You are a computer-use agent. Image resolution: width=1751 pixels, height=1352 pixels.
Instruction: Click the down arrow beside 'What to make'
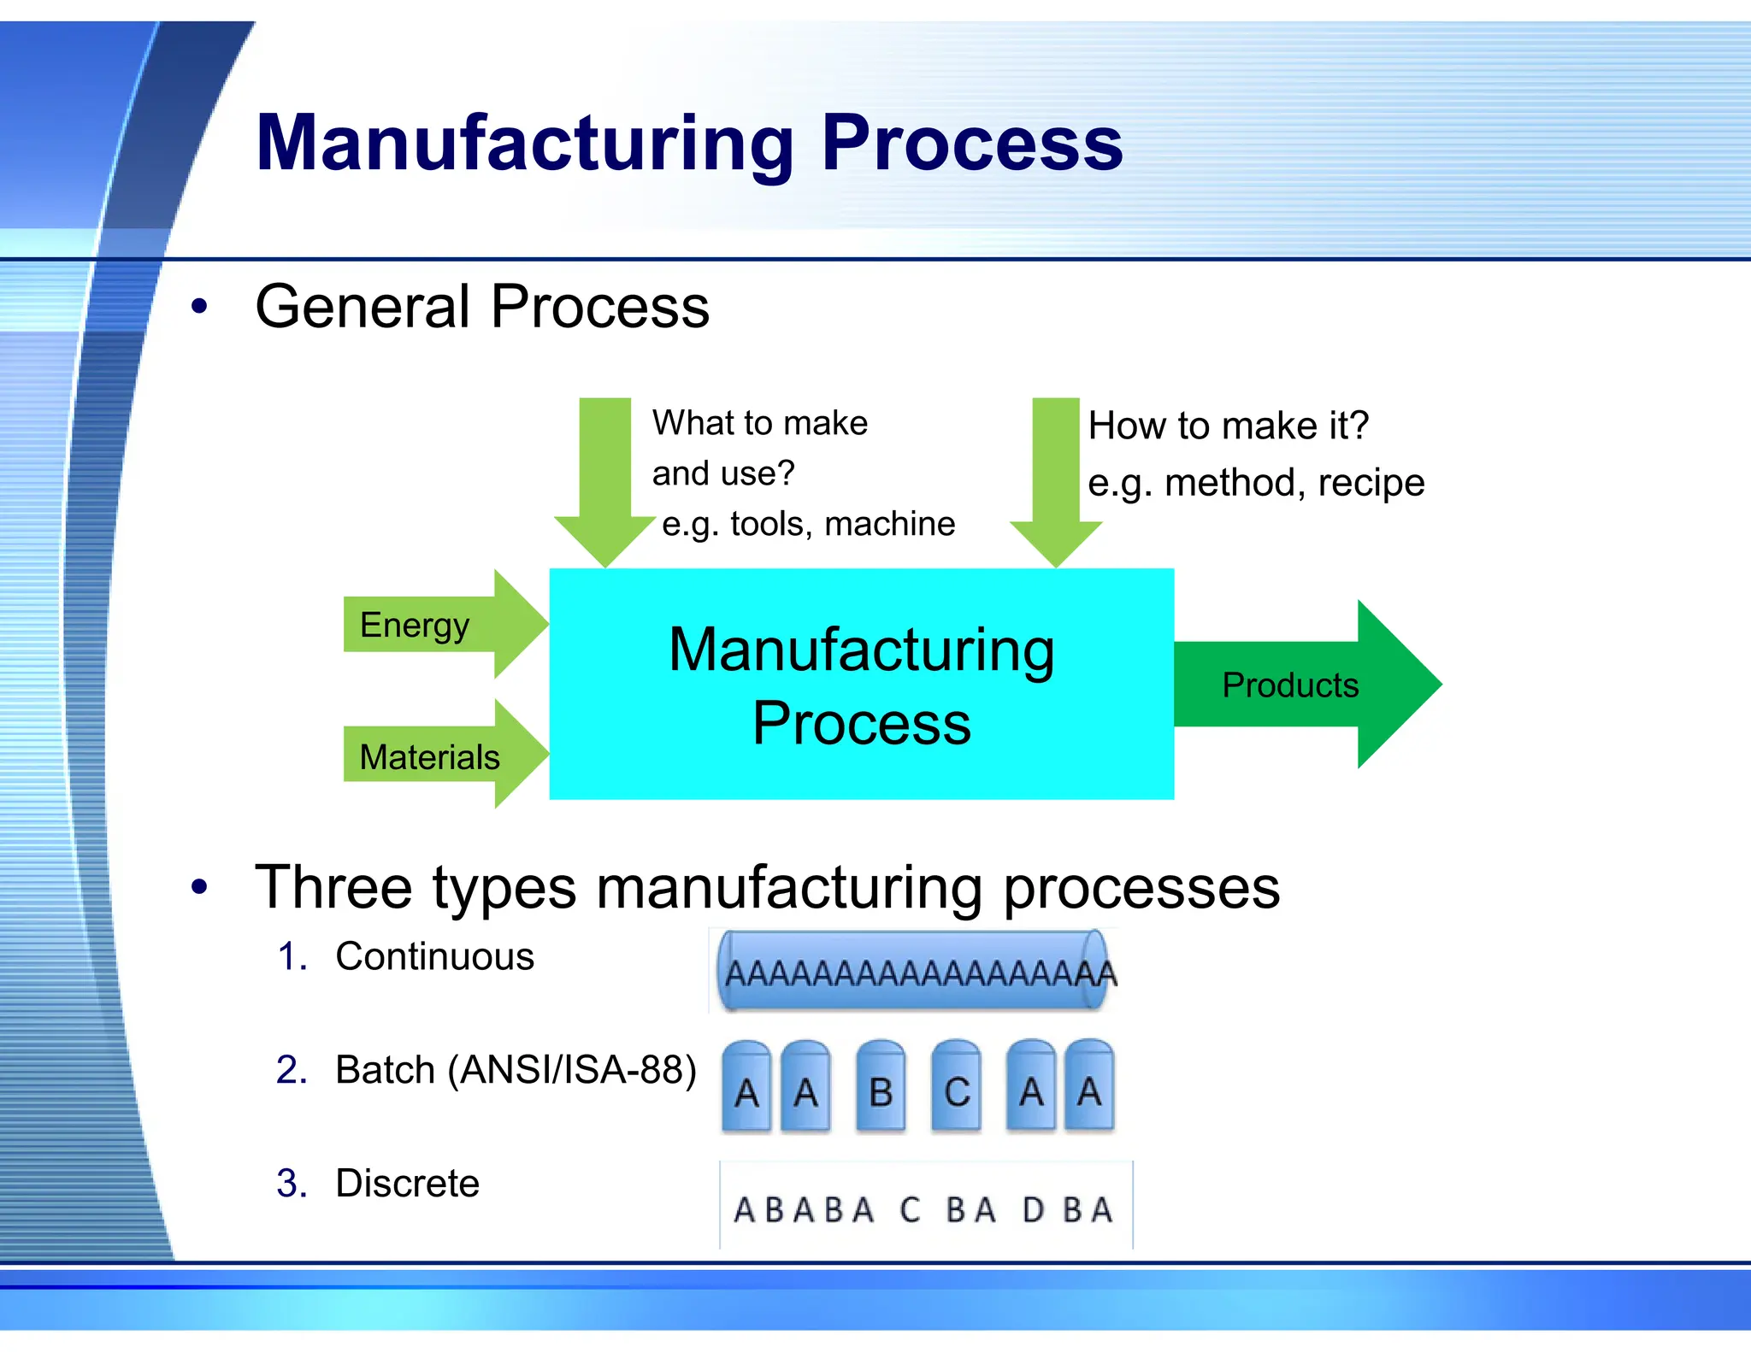coord(605,479)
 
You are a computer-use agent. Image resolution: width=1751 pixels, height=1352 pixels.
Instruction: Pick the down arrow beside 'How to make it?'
coord(1056,479)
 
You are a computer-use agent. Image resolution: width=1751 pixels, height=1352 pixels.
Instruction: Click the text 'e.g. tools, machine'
coord(808,524)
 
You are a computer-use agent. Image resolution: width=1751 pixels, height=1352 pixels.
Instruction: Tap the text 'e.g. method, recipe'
coord(1255,483)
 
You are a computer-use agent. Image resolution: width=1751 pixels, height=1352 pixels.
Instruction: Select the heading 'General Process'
coord(482,307)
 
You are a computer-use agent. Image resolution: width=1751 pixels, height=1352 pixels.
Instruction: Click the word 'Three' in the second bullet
coord(333,887)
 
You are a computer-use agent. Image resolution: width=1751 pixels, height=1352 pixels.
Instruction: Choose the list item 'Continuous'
coord(434,956)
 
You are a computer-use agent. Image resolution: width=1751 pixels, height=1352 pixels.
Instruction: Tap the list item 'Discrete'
coord(407,1184)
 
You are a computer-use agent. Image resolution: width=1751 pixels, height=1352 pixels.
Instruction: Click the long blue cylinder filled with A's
coord(913,972)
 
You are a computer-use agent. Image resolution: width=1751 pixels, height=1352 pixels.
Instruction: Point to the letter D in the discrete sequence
coord(1033,1210)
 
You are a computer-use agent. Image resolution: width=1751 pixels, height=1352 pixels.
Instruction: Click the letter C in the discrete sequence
coord(910,1210)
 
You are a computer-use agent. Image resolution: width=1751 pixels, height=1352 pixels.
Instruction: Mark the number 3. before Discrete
coord(292,1184)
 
